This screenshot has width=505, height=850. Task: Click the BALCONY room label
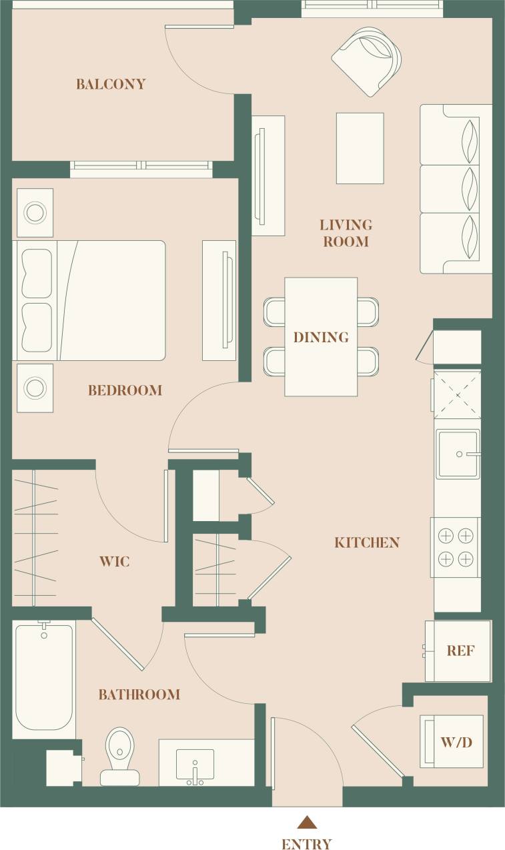(111, 84)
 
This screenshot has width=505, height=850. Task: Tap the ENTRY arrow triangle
(306, 822)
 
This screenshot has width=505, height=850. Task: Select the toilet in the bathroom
(120, 756)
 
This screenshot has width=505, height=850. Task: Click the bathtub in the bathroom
(44, 677)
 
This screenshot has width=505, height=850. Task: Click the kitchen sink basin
(458, 454)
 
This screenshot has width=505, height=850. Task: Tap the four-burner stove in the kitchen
(456, 547)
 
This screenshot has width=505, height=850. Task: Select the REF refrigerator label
(460, 651)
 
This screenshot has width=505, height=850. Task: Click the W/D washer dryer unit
(451, 741)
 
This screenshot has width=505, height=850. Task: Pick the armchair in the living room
(368, 60)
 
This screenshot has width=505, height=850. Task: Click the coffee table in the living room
(360, 148)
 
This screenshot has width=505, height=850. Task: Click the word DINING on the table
(321, 337)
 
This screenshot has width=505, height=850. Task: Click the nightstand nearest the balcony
(35, 212)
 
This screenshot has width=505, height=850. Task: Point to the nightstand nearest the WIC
(35, 388)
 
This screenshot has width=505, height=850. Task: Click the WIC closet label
(114, 561)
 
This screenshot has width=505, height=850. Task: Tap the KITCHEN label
(367, 542)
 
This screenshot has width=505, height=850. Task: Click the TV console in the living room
(268, 175)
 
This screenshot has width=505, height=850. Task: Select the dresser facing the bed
(219, 300)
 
